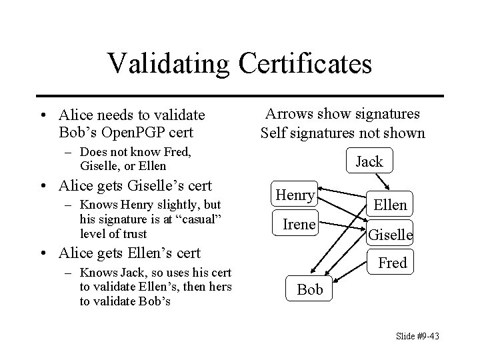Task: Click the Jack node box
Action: click(x=369, y=161)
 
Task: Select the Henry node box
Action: click(x=295, y=195)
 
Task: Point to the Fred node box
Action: click(x=392, y=263)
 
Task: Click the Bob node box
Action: click(x=310, y=289)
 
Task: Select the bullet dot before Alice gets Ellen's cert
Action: click(x=47, y=253)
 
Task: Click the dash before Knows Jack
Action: click(x=70, y=274)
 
